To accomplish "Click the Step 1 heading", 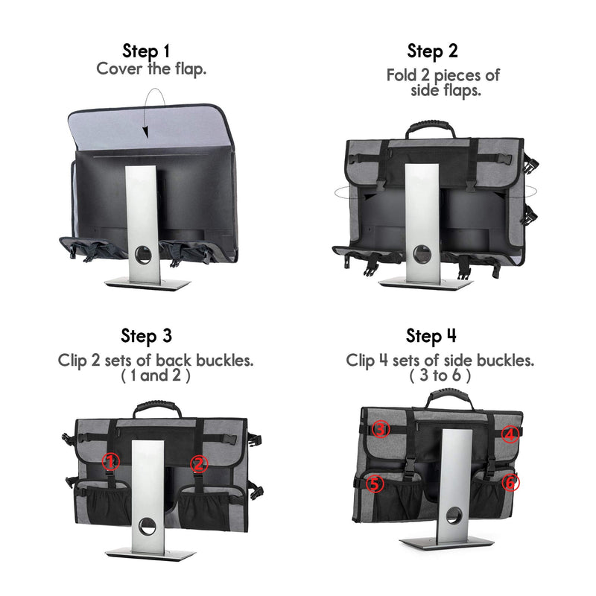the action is (x=146, y=51).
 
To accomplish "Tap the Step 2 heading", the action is (x=432, y=51).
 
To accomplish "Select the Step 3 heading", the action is (x=146, y=336).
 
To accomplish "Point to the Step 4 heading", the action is (x=431, y=336).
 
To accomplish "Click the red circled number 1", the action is (x=110, y=462).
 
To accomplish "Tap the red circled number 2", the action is (x=199, y=463).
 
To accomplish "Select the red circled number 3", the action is (x=381, y=429).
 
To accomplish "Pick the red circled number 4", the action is (x=510, y=434).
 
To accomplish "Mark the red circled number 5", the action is (x=375, y=484).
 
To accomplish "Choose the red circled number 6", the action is (x=510, y=482).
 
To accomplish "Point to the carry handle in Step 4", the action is (x=450, y=394).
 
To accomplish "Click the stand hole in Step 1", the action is (x=144, y=253).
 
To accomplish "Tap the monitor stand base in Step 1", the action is (x=148, y=283).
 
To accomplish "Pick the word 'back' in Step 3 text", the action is (x=174, y=360).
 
